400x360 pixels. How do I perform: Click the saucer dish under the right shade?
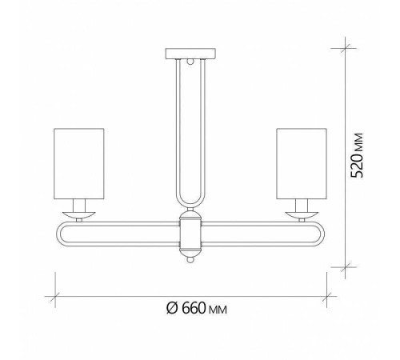[302, 213]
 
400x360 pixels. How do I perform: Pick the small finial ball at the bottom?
[190, 258]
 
